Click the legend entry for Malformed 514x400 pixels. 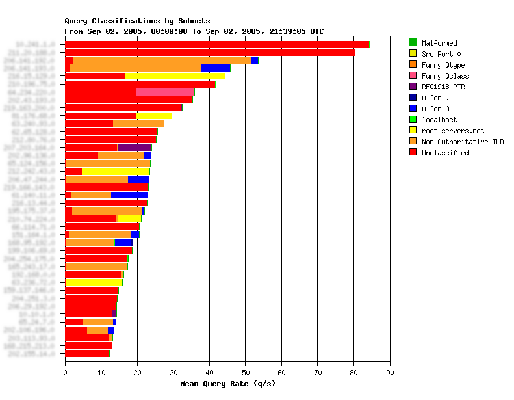(439, 43)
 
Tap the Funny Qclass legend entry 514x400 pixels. (444, 76)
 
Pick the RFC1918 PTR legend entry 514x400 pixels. (443, 87)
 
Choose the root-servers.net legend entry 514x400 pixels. (452, 131)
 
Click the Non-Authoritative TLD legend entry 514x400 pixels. (462, 142)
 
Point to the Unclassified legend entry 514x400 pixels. (444, 153)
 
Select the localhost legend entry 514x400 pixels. (439, 120)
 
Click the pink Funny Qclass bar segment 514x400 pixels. (165, 92)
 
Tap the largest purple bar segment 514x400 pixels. (135, 147)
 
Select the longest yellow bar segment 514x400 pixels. (175, 76)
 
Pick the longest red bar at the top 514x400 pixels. (217, 44)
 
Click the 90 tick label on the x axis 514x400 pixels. (389, 372)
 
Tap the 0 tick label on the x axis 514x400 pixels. (65, 372)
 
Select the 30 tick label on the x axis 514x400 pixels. (173, 372)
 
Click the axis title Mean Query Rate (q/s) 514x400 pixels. (227, 384)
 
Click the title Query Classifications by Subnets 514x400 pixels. (137, 21)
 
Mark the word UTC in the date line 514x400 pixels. (316, 31)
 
